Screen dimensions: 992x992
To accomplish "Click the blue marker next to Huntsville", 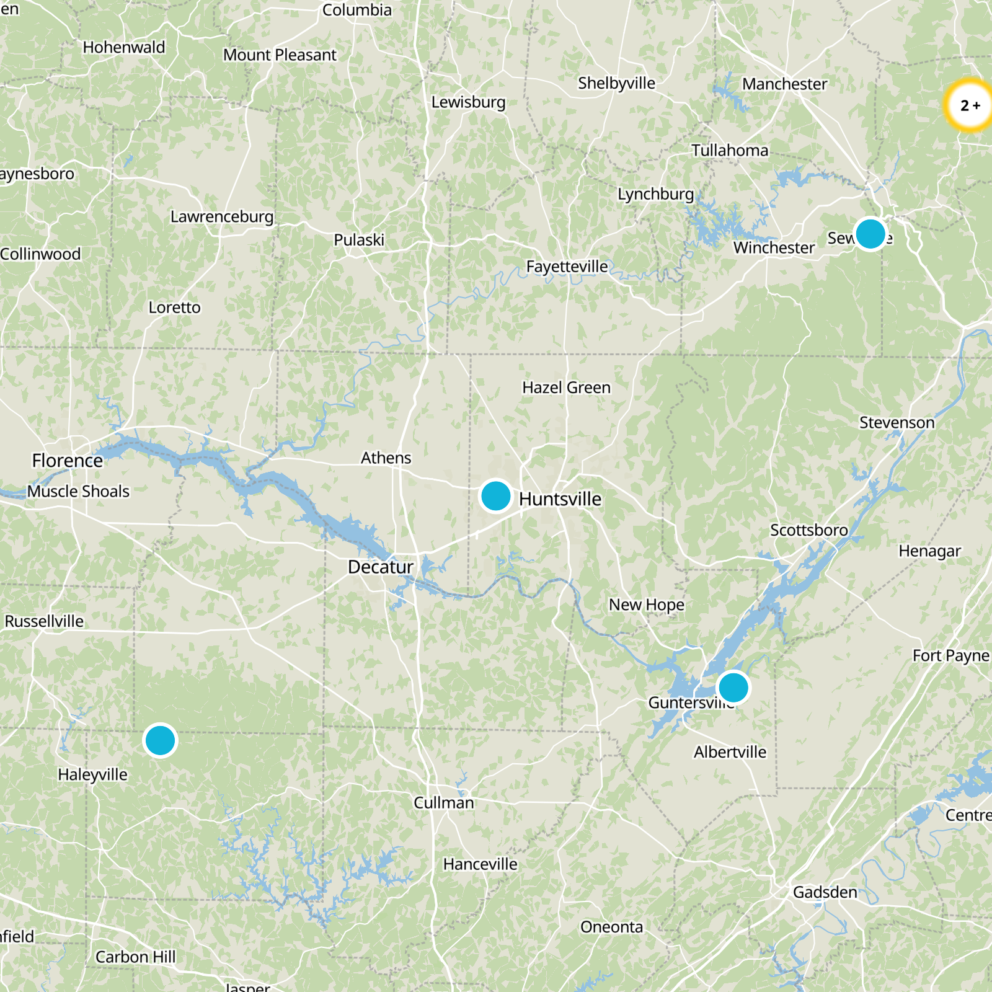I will click(x=495, y=496).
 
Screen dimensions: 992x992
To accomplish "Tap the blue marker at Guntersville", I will click(x=733, y=688).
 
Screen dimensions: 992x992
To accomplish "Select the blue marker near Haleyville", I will click(x=160, y=740).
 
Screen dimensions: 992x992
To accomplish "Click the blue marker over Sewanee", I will click(x=870, y=234).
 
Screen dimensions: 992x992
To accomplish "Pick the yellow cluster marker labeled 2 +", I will click(x=970, y=105).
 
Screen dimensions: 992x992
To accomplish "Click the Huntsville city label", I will click(x=560, y=499).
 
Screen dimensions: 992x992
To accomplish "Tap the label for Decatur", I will click(x=380, y=567).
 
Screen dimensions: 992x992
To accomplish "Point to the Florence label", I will click(x=67, y=461).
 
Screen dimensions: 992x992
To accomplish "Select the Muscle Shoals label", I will click(x=79, y=492).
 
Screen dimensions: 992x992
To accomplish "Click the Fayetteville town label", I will click(x=567, y=267).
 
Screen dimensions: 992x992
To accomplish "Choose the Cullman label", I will click(x=443, y=803).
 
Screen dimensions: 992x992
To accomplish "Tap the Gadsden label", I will click(x=825, y=892).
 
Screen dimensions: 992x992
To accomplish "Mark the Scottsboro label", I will click(x=808, y=531).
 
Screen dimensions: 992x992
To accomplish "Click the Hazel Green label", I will click(x=566, y=387).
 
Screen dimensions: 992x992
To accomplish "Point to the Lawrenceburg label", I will click(x=221, y=217).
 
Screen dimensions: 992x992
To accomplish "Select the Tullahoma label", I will click(x=730, y=151).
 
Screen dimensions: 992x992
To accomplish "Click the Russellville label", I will click(x=44, y=621).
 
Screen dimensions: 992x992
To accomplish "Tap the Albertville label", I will click(x=730, y=752).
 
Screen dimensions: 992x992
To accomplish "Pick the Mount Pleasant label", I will click(x=280, y=55).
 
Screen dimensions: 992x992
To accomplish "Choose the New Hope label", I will click(x=646, y=604).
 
